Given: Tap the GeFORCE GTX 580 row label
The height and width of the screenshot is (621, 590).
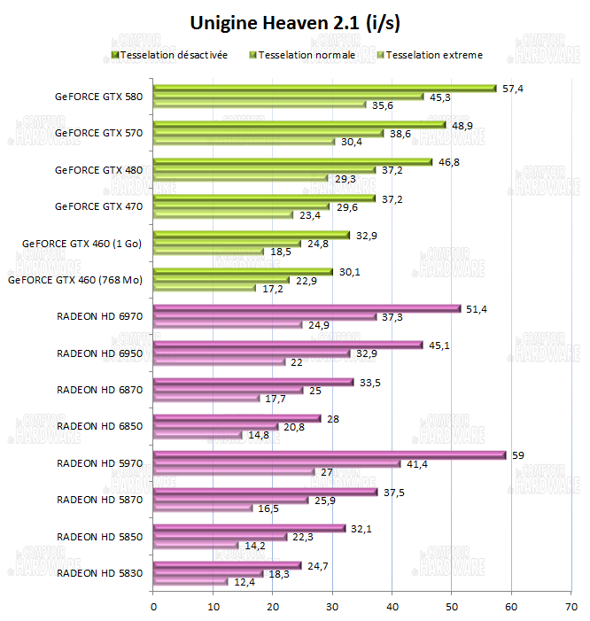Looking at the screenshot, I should (98, 96).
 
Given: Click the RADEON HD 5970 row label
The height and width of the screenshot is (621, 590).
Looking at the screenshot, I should (99, 463).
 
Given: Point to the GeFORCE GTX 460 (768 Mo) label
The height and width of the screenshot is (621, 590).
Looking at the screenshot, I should (75, 280).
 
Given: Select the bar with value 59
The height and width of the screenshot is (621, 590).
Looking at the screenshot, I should (330, 455).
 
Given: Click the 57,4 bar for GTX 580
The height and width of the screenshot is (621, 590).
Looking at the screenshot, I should (325, 88).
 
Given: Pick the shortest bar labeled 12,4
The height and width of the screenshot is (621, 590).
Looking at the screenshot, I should (190, 581).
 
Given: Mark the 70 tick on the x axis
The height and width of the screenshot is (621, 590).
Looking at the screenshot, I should (571, 607).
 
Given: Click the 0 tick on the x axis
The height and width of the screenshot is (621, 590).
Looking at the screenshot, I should (154, 607).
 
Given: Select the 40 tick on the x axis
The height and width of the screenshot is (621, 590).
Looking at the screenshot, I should (392, 607).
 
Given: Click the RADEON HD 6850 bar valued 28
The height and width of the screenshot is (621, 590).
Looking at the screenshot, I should (237, 418).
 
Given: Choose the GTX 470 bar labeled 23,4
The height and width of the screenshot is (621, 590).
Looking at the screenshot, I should (223, 214).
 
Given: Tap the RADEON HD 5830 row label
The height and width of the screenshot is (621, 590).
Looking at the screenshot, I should (99, 573).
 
